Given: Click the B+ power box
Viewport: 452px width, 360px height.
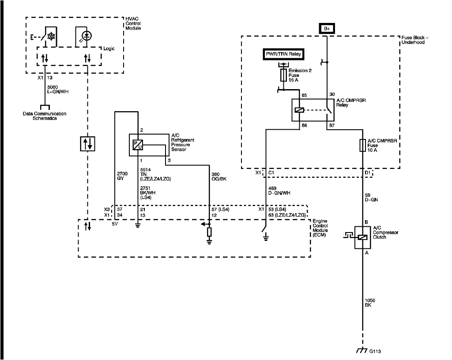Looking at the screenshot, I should click(x=327, y=29).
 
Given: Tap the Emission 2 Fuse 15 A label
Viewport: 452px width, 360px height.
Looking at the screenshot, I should click(x=300, y=75).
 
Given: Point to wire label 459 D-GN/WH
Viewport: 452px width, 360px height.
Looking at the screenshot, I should click(x=279, y=191).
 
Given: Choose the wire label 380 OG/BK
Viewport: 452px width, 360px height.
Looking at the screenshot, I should click(x=220, y=176).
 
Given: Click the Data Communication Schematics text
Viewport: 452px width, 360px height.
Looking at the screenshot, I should click(x=44, y=116).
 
